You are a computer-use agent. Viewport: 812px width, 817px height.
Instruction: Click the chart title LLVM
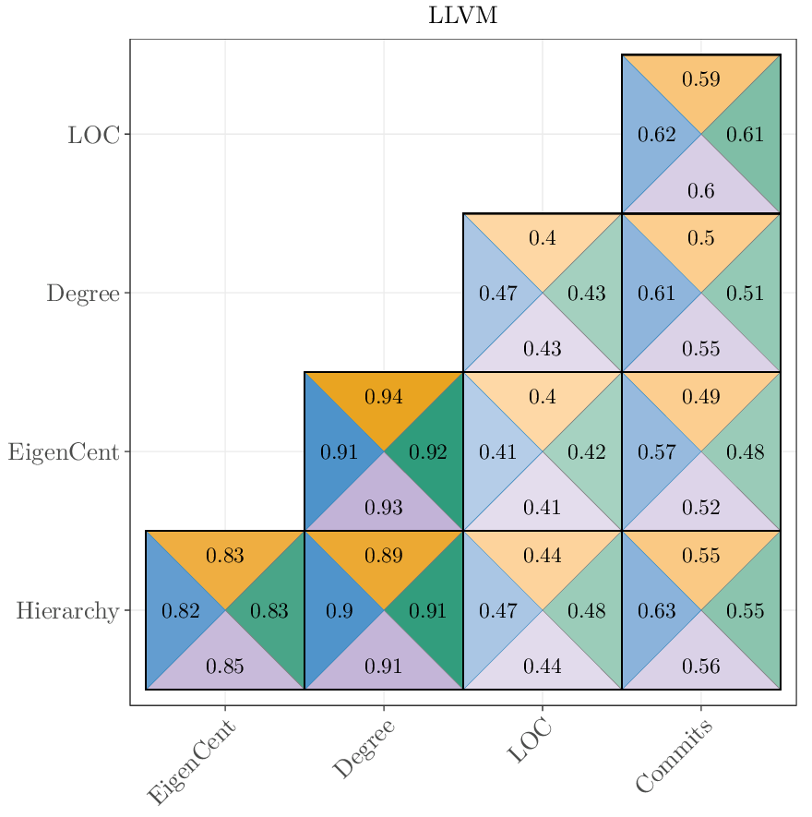coord(463,16)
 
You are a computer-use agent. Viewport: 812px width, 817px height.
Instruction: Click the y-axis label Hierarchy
coord(67,611)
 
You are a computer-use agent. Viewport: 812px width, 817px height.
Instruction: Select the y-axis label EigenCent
coord(64,452)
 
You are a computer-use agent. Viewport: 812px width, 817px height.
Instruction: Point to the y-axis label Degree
coord(83,294)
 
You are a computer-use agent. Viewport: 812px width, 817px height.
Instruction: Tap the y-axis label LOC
coord(93,135)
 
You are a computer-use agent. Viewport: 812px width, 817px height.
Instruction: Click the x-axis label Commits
coord(675,757)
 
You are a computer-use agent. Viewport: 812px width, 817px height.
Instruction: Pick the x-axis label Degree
coord(364,749)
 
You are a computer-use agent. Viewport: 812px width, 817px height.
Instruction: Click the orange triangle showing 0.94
coord(384,398)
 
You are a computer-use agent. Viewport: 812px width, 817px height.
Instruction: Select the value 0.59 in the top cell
coord(701,79)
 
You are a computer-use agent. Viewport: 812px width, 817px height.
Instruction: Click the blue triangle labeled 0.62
coord(657,135)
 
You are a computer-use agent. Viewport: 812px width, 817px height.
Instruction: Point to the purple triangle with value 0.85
coord(225,666)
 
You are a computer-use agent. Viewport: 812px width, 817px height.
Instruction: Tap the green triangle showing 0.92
coord(428,452)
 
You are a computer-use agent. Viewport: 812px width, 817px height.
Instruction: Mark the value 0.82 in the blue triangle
coord(181,611)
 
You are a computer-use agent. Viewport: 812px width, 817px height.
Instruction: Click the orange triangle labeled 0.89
coord(384,556)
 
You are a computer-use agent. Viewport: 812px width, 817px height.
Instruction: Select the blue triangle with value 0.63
coord(657,611)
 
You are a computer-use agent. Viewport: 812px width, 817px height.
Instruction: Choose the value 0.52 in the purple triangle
coord(701,507)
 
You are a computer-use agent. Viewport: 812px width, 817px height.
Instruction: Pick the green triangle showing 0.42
coord(587,452)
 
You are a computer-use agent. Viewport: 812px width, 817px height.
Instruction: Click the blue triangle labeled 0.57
coord(657,452)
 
